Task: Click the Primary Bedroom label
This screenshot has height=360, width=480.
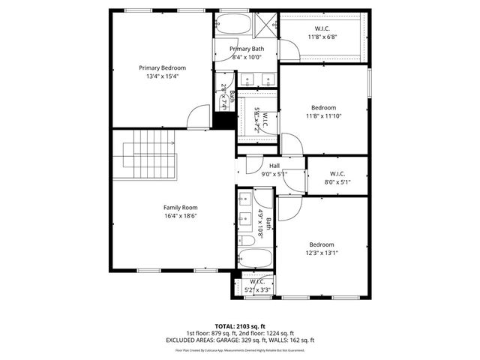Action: coord(163,67)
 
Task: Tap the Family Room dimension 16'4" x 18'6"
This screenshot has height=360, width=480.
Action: coord(180,216)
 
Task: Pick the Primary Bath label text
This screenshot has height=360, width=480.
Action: coord(247,49)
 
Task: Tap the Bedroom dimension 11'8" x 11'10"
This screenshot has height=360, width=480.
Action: coord(324,115)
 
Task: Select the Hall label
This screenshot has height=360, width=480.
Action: coord(274,166)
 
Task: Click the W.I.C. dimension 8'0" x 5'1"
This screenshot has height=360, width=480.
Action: coord(337,181)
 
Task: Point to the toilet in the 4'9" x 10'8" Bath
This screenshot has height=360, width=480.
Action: coord(247,241)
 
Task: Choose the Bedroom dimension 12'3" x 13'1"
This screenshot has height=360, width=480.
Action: coord(322,253)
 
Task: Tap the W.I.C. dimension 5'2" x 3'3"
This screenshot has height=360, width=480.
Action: coord(258,289)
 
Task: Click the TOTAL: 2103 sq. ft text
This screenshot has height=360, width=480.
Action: coord(239,326)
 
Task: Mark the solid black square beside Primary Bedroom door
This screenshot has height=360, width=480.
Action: coord(222,119)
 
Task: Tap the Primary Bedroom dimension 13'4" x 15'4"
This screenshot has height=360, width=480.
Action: coord(163,76)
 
